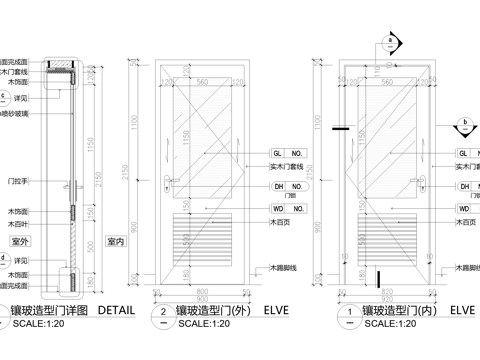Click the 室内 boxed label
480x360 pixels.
click(116, 242)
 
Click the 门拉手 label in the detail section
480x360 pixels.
click(18, 181)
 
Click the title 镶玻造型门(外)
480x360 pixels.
click(212, 310)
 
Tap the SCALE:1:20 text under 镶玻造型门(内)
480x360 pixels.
click(392, 324)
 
